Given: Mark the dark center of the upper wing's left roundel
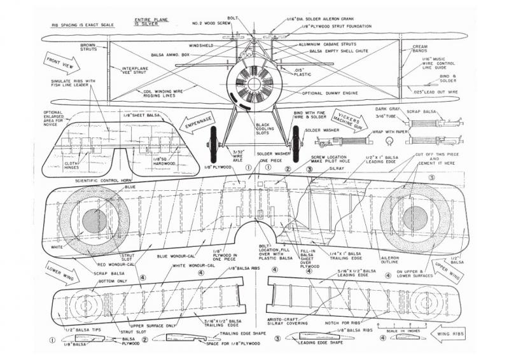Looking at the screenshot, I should coord(95,219).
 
